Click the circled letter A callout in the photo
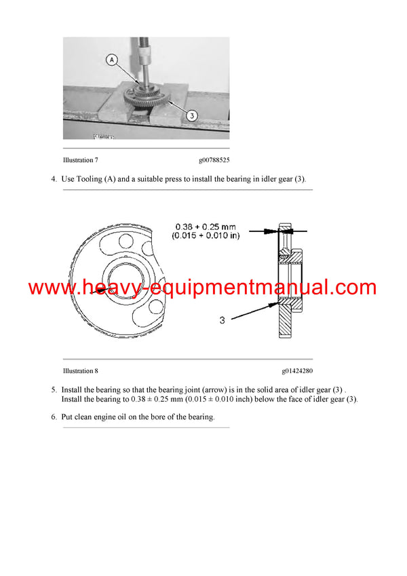click(x=112, y=60)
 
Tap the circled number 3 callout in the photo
click(x=191, y=116)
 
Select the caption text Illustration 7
click(x=81, y=161)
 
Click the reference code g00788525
click(x=214, y=161)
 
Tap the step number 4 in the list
click(x=54, y=179)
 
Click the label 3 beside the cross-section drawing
click(x=222, y=319)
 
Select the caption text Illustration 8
click(x=81, y=371)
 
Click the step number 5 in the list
click(x=54, y=390)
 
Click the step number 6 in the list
click(x=54, y=417)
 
